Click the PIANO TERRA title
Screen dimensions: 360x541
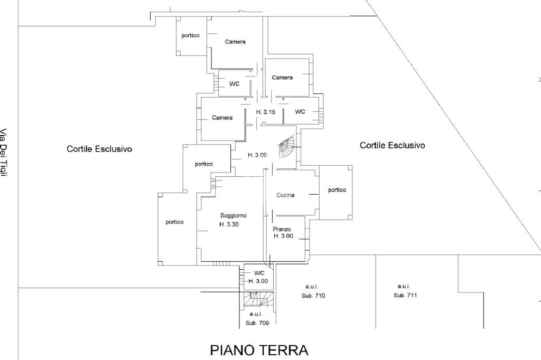(x=259, y=350)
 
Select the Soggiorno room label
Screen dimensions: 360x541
(x=234, y=215)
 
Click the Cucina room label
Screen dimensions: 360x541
(x=285, y=195)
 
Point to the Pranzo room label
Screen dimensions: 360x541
(x=282, y=229)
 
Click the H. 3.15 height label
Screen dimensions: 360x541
(x=265, y=112)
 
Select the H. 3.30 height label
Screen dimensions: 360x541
(x=230, y=224)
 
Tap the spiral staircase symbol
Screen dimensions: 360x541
(x=287, y=147)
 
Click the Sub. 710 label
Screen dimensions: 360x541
(x=314, y=296)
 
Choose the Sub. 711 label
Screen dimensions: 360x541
(x=405, y=295)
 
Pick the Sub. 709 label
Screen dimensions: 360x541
(x=257, y=323)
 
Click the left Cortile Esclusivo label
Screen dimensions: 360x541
(x=99, y=149)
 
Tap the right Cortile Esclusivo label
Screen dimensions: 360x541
(x=392, y=145)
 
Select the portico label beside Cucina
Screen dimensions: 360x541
(x=337, y=190)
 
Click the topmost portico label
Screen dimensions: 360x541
(x=190, y=35)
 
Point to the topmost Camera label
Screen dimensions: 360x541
(x=235, y=42)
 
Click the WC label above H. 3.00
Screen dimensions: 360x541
(x=259, y=273)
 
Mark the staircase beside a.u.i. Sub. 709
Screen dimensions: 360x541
(x=258, y=299)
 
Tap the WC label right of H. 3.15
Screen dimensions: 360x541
(x=300, y=112)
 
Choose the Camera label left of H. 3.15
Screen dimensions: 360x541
(x=222, y=118)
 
